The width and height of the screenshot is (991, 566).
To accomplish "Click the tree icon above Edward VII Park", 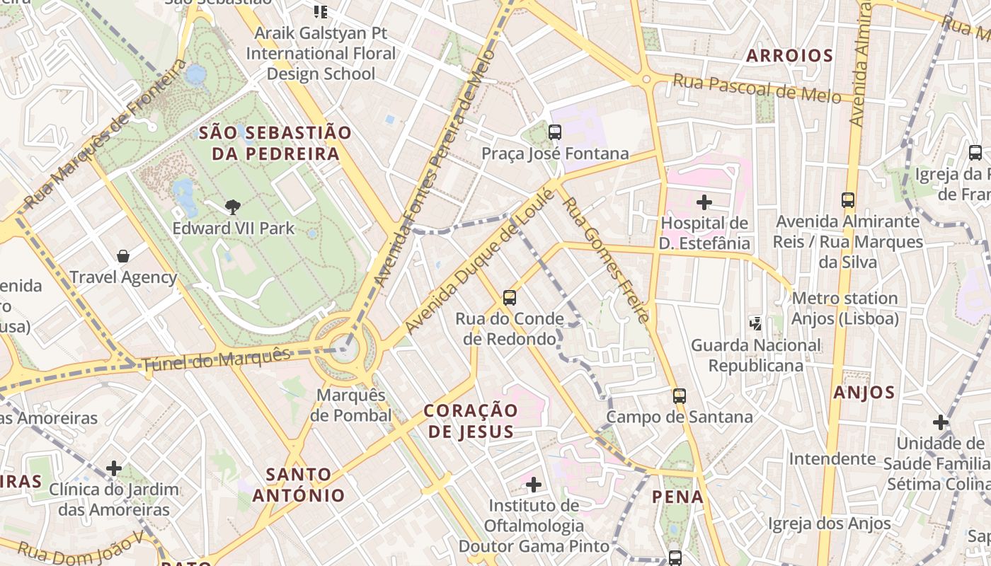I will coord(232,207).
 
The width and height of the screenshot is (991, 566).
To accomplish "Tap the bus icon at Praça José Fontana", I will coord(555,132).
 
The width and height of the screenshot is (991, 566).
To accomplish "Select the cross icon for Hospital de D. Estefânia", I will coord(704,203).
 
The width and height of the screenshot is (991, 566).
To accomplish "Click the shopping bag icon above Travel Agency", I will coord(123,256).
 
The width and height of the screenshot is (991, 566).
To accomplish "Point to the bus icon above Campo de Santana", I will coord(680,396).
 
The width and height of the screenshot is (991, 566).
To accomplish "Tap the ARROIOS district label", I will coord(789,56).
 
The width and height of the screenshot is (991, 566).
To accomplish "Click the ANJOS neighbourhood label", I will coord(864,393).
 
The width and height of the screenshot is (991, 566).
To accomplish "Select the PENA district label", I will coord(678,497).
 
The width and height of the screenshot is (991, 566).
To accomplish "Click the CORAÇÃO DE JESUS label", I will coord(471,421).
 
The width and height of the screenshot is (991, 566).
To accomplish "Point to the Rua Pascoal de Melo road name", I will coord(756,88).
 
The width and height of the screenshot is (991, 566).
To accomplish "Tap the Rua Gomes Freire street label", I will coord(605,260).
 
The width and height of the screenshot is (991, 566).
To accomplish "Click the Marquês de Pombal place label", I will coord(351,405).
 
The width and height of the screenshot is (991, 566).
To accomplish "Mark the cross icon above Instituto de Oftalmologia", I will coord(534,485).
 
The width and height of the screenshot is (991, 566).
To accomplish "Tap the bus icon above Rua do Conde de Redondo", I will coord(510,298).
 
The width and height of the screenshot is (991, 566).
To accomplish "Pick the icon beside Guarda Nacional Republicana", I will coord(756,323).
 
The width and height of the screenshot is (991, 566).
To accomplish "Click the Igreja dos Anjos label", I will coord(830,524).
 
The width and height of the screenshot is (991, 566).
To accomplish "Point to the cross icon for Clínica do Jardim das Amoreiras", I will coord(114,468).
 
